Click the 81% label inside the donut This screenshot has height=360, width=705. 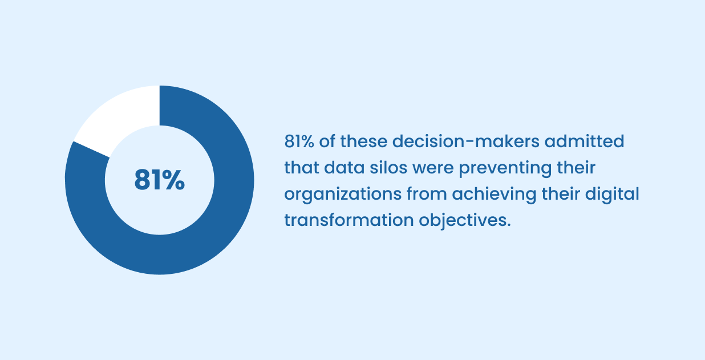click(x=160, y=180)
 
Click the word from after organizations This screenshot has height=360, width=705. click(x=427, y=194)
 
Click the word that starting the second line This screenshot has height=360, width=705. click(x=300, y=168)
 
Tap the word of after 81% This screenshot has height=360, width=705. click(x=327, y=141)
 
